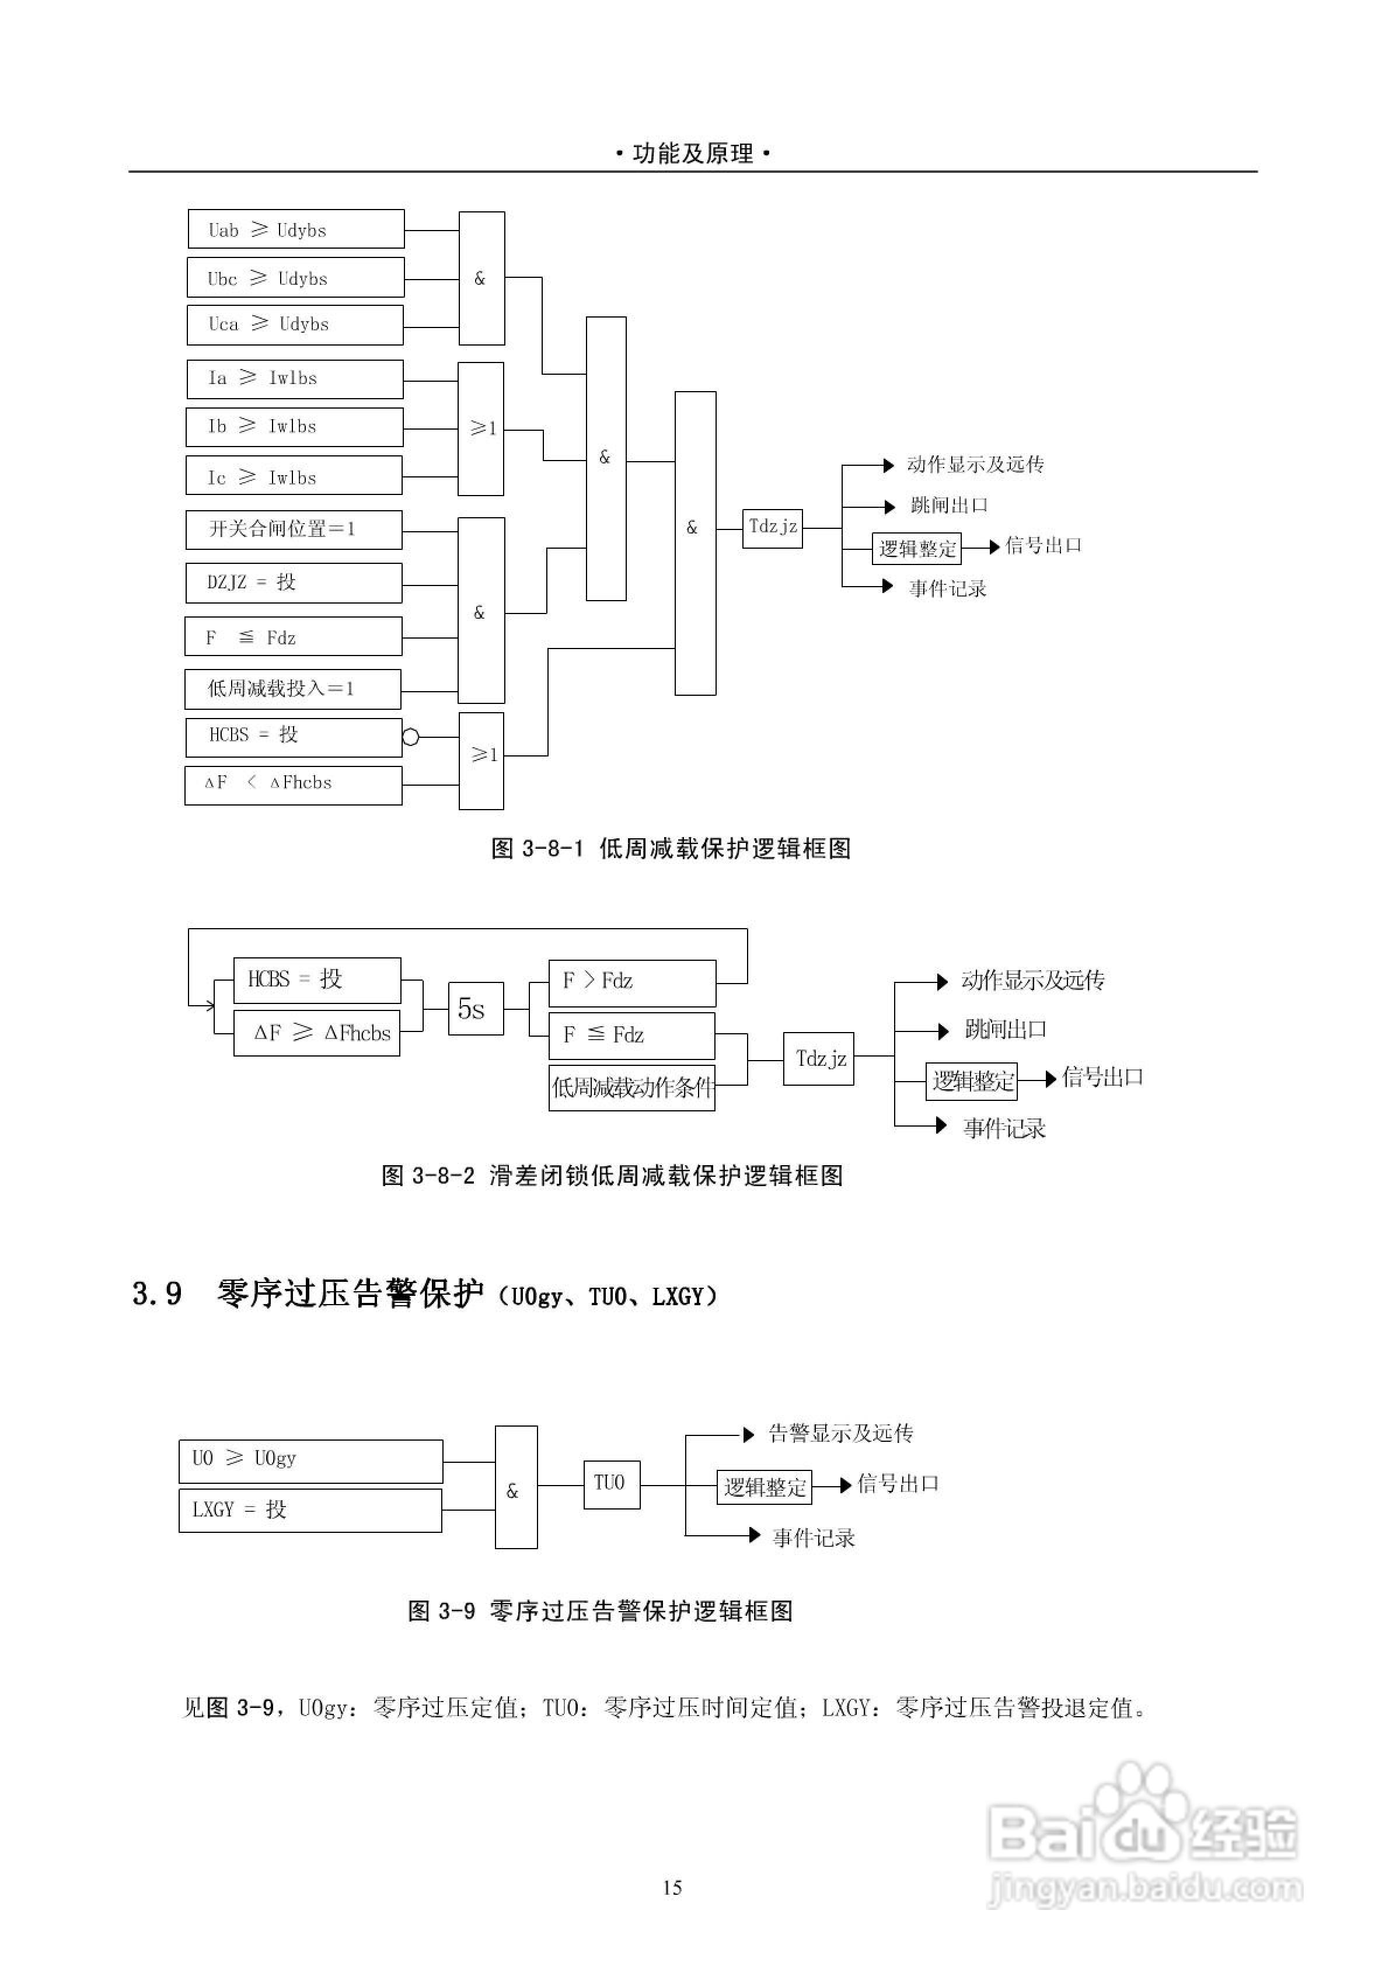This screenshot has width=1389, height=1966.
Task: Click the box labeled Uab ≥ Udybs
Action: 295,229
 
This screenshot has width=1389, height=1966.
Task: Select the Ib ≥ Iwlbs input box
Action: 294,427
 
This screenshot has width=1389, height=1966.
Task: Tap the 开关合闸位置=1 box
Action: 293,529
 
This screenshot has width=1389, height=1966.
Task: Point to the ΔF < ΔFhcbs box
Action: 293,785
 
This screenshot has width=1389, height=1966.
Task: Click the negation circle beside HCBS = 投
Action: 411,737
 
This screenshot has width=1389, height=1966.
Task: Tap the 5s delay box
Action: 475,1009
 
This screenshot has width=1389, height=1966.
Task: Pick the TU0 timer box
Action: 610,1484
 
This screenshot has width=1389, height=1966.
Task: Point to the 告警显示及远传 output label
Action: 840,1434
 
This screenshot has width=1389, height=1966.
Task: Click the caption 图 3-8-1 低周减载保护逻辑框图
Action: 671,849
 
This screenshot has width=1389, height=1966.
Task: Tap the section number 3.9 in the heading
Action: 158,1294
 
